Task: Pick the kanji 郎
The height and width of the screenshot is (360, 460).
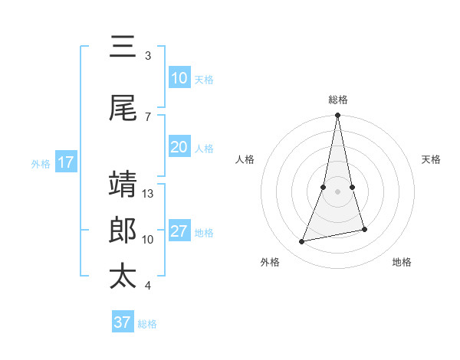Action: pos(123,231)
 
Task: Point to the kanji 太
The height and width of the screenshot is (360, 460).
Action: pos(123,277)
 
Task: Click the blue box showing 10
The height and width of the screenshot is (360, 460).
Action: pos(179,78)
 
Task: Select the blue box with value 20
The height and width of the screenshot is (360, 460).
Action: pos(179,147)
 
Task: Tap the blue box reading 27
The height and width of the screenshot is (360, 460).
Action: pos(179,231)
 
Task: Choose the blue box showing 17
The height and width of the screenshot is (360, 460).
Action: pos(66,162)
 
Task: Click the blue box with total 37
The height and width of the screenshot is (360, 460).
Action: pos(122,322)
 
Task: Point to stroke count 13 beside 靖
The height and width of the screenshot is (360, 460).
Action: pos(149,194)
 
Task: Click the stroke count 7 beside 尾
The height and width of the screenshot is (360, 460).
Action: pos(148,116)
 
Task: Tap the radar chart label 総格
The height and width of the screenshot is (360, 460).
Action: pos(337,100)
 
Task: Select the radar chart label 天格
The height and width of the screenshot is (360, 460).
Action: pos(432,159)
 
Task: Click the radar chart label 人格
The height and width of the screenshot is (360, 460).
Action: pos(245,159)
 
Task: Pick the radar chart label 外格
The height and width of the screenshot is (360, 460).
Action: pos(270,262)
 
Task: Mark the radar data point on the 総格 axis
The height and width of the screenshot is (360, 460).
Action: pos(337,116)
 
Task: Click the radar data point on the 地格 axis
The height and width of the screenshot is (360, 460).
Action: pos(364,229)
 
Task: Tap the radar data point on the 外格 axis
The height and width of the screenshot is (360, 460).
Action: pos(302,242)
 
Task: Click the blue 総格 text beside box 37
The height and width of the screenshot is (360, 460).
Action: pos(147,324)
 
